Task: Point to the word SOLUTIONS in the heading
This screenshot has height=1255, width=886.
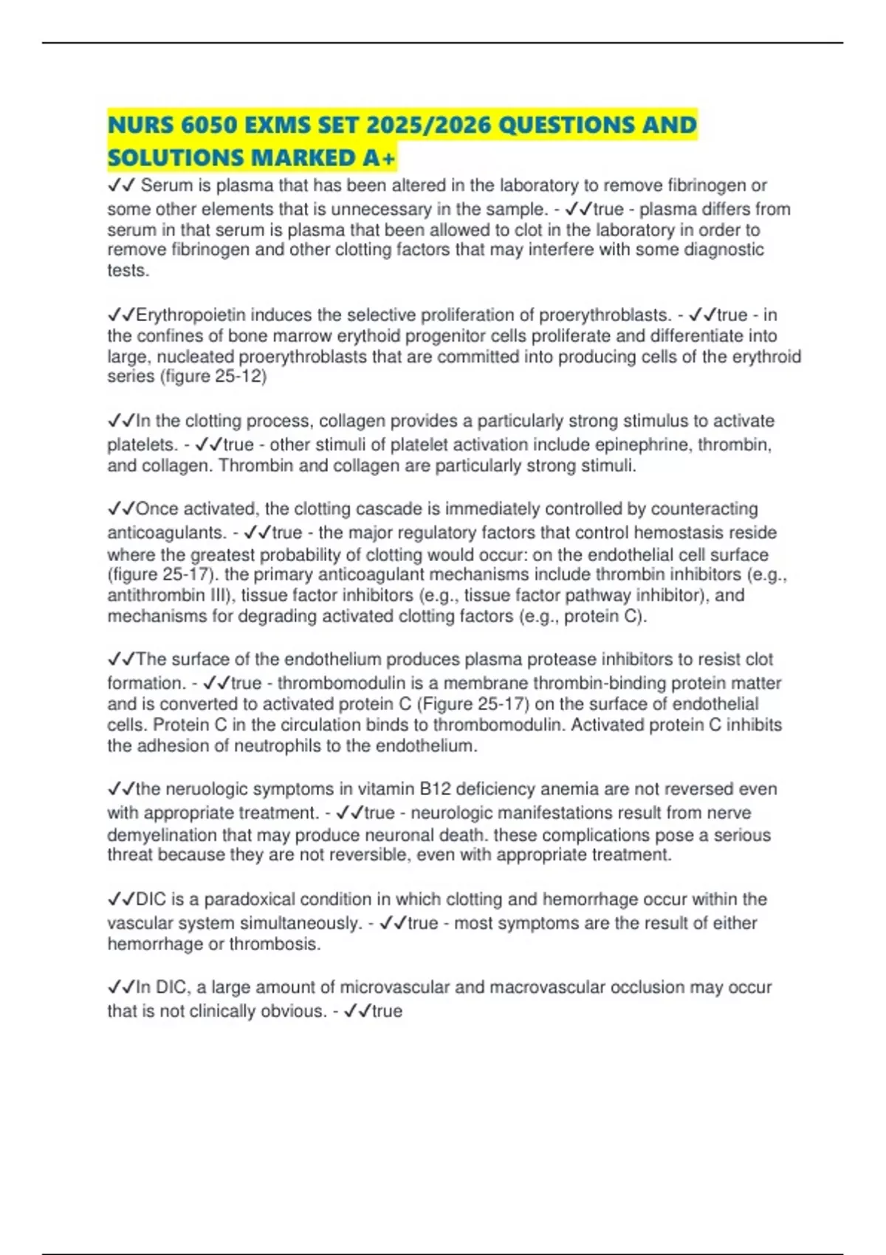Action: pos(175,157)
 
